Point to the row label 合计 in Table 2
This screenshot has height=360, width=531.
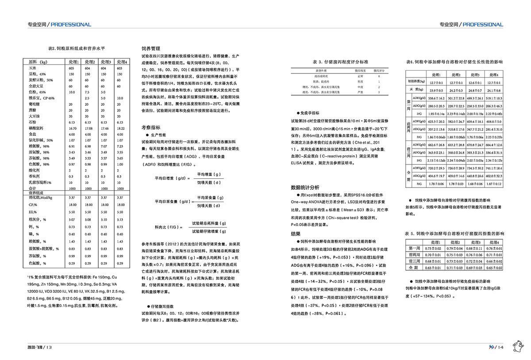coord(32,188)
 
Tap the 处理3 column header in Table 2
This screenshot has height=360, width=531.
coord(105,61)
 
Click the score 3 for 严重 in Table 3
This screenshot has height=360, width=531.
coord(379,92)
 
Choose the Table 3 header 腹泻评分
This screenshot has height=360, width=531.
coord(379,70)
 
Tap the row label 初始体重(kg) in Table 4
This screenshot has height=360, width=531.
coord(417,82)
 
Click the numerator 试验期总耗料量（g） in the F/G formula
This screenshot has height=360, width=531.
coord(208,223)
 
